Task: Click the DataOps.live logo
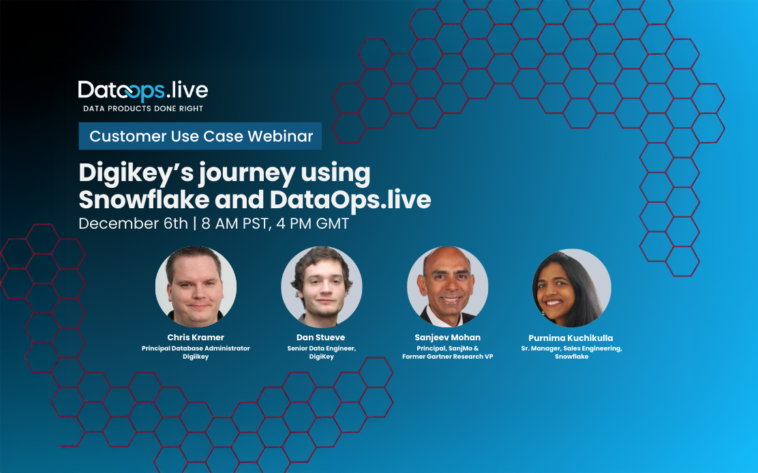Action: point(142,91)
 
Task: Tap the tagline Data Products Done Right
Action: point(142,108)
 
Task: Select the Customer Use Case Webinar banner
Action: point(200,136)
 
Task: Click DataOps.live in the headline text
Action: point(350,199)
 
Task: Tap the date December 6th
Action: point(133,223)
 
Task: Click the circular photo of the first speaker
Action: point(196,287)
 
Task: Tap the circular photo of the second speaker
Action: point(321,287)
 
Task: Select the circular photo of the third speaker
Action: point(447,287)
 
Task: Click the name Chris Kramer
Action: point(196,338)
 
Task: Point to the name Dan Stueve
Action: point(321,338)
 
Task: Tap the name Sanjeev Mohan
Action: point(447,338)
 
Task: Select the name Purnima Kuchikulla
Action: point(571,338)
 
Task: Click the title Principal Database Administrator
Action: point(196,348)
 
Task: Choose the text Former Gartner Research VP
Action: point(447,356)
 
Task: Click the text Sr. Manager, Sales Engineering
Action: point(571,348)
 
